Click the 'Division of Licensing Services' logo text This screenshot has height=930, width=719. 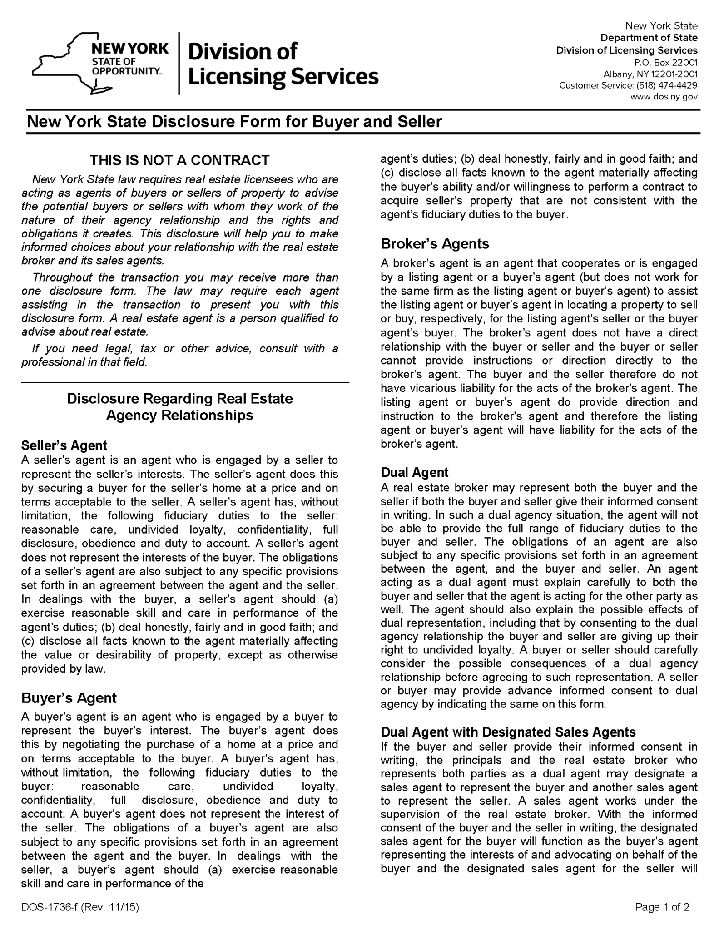pyautogui.click(x=283, y=64)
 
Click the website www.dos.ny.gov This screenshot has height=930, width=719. pyautogui.click(x=664, y=97)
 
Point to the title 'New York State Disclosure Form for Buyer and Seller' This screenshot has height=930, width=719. pyautogui.click(x=234, y=122)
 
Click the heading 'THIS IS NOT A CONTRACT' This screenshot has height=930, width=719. pyautogui.click(x=179, y=160)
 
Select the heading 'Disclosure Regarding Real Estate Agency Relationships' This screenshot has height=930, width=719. pyautogui.click(x=179, y=406)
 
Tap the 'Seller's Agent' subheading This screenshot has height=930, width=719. pyautogui.click(x=64, y=445)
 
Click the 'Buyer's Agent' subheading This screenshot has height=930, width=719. pyautogui.click(x=69, y=697)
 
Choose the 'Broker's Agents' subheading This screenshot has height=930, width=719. pyautogui.click(x=435, y=244)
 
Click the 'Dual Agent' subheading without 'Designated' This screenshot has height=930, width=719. pyautogui.click(x=414, y=472)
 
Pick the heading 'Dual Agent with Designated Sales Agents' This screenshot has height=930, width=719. pyautogui.click(x=508, y=732)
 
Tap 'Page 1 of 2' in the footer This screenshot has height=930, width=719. pyautogui.click(x=662, y=907)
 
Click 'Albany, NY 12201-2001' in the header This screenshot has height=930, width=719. pyautogui.click(x=650, y=74)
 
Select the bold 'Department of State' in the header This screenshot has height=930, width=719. pyautogui.click(x=649, y=38)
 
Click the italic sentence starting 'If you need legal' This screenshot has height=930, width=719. pyautogui.click(x=179, y=355)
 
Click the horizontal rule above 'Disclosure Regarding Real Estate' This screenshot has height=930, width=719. pyautogui.click(x=185, y=383)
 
